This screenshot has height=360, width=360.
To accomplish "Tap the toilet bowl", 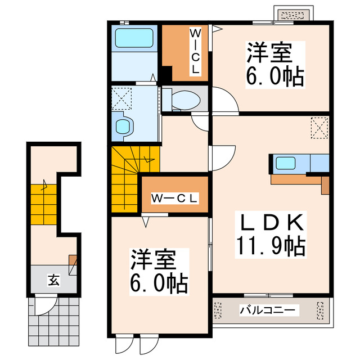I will coord(183,100).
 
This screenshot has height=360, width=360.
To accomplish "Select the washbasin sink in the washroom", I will coord(123,126).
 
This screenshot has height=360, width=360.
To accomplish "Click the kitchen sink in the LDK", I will coord(286,163).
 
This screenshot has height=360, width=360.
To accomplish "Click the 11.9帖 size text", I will coord(271,246).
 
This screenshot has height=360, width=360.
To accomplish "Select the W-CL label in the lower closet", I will coord(175,198).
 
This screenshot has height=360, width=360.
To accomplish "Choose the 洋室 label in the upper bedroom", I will coord(269,53).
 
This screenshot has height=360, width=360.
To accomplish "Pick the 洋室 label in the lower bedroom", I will coord(154,260).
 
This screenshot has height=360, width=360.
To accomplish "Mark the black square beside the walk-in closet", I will coord(165,74).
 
